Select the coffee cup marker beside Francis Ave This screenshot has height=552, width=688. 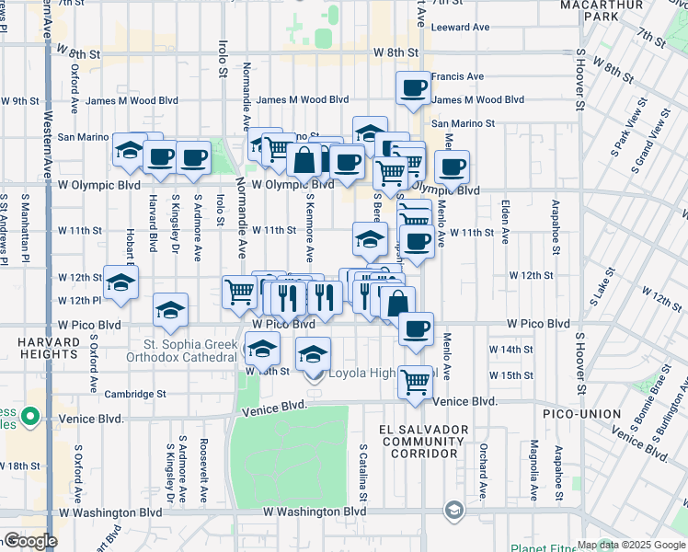click(x=413, y=89)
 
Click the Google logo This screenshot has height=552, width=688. click(x=29, y=541)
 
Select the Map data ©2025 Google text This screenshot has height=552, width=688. click(x=631, y=545)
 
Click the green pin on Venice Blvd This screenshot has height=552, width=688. click(x=30, y=417)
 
